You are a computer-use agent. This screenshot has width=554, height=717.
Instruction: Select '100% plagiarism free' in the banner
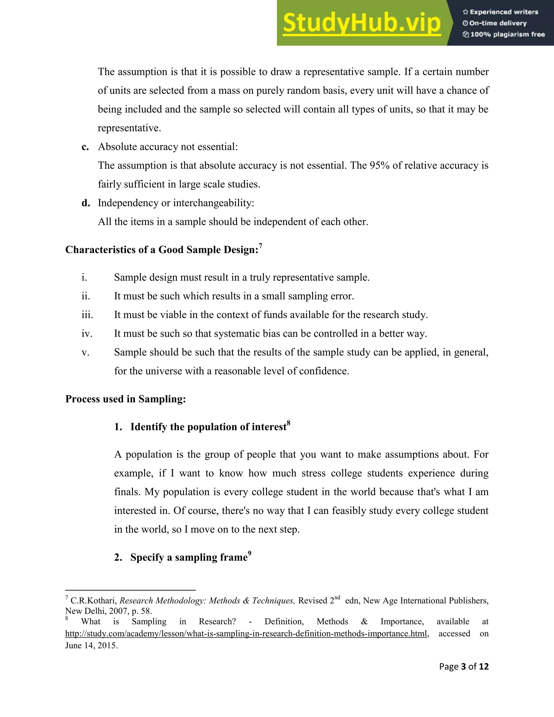(507, 34)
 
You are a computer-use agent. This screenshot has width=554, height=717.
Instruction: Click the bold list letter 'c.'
(85, 147)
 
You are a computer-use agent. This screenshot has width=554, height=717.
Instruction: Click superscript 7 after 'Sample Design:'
(260, 246)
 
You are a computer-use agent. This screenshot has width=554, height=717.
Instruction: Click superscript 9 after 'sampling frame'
(250, 554)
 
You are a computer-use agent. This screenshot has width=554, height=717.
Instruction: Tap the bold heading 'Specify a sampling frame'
(189, 557)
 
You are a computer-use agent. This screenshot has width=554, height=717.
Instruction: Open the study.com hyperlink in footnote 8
(246, 633)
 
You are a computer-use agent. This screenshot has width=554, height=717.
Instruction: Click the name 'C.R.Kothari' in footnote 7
(94, 600)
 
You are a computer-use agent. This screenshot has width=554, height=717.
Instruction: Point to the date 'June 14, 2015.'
(91, 645)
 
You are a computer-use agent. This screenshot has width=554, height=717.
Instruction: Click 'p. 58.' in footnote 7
(141, 611)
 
